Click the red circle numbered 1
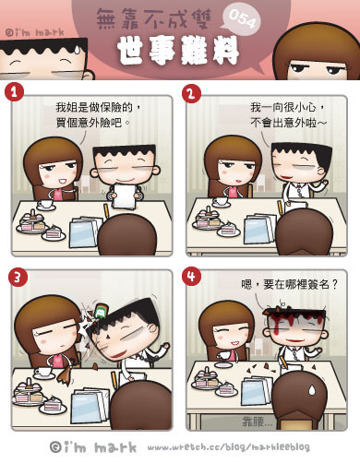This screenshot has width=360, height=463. [x=14, y=92]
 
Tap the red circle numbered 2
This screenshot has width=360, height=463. [x=191, y=93]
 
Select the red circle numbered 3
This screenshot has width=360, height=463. [x=18, y=277]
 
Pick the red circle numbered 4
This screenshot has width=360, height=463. [x=191, y=276]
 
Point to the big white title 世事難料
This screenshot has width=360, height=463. [x=177, y=51]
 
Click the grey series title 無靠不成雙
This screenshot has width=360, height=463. [x=153, y=18]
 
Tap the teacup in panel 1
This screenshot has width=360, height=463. [x=45, y=205]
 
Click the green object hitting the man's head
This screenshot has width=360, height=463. [x=100, y=312]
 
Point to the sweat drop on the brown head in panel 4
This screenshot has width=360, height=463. [x=312, y=390]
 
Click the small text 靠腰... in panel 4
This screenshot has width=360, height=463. [x=258, y=421]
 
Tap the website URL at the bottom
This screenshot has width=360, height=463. [x=229, y=447]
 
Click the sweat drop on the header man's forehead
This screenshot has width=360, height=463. [x=77, y=50]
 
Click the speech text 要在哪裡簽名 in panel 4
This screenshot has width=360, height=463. [x=296, y=284]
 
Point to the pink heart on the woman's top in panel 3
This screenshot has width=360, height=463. [x=57, y=360]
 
